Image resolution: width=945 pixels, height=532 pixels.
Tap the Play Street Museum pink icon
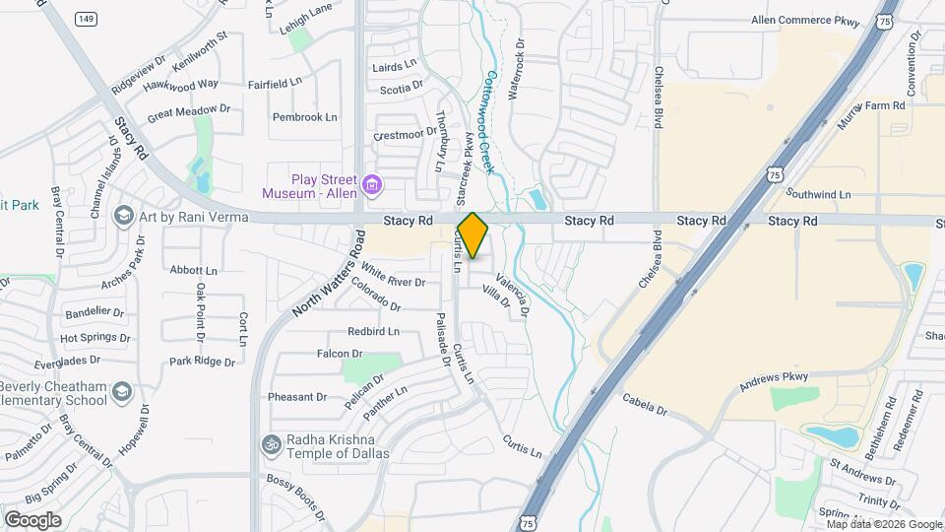(372, 184)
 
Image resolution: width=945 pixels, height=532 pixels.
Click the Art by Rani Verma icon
(124, 216)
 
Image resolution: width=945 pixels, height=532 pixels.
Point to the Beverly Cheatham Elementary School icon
(123, 392)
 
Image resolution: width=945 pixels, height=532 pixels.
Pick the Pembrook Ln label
(305, 117)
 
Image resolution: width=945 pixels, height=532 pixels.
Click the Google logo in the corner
(32, 520)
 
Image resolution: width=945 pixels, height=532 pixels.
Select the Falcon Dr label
(340, 354)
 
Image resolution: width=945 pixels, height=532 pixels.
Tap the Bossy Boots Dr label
(295, 498)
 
